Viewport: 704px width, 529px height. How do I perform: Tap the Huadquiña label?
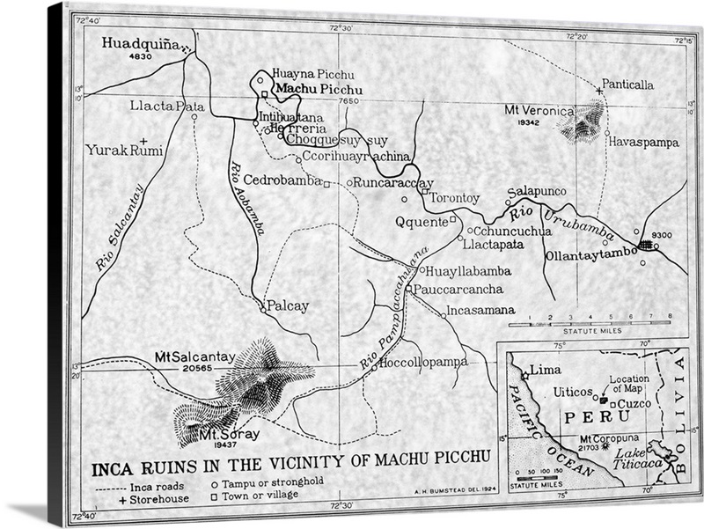pos(140,42)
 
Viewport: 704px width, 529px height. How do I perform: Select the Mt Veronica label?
pos(539,111)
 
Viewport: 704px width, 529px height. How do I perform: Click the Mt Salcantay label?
pos(194,356)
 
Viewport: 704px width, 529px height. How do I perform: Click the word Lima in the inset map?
pos(546,371)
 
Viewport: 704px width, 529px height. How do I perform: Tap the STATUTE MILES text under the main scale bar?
pos(597,331)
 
